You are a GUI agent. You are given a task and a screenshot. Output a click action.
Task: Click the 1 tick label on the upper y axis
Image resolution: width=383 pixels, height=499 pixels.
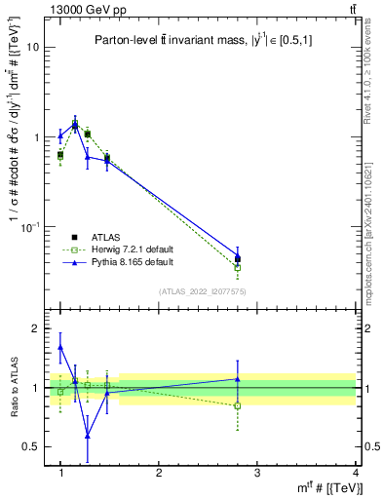[x=36, y=137]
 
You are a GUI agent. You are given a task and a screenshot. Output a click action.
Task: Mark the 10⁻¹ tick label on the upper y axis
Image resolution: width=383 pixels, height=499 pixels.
[x=31, y=227]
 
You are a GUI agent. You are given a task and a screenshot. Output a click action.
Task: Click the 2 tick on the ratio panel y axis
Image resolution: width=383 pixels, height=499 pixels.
[x=36, y=328]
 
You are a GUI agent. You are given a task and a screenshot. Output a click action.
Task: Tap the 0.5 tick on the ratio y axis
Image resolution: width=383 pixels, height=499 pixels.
[x=32, y=446]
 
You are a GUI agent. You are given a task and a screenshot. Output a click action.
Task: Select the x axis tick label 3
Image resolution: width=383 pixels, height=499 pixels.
[x=256, y=473]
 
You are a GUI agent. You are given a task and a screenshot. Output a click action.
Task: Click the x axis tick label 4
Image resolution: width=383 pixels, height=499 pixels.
[x=355, y=473]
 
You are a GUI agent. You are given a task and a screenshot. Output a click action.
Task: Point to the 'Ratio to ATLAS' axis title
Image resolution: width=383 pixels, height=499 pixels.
[x=12, y=387]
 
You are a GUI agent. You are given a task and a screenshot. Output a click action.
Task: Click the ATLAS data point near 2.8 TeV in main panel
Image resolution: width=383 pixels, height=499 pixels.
[x=238, y=259]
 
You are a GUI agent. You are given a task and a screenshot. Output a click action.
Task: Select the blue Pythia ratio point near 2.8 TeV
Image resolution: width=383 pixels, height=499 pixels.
[x=238, y=379]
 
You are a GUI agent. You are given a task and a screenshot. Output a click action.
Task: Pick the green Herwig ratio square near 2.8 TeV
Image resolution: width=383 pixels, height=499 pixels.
[x=238, y=405]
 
